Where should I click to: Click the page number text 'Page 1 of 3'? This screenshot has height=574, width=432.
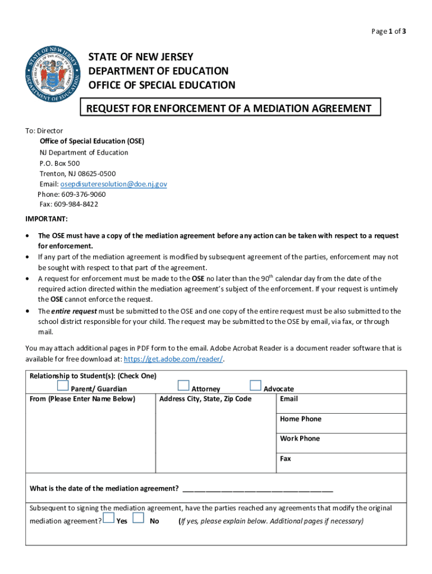click(x=388, y=31)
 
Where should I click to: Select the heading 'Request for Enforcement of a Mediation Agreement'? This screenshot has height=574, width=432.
click(x=229, y=108)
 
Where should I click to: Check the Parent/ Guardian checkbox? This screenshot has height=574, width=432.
click(x=63, y=386)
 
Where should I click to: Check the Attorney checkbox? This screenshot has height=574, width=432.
click(x=183, y=386)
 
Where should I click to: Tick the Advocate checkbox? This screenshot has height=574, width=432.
click(x=256, y=386)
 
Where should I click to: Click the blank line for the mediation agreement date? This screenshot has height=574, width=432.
click(x=258, y=488)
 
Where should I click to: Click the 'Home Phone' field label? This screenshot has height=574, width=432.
click(x=301, y=419)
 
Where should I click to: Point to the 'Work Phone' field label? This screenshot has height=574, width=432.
click(x=300, y=438)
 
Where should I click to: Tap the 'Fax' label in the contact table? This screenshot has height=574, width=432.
click(x=286, y=459)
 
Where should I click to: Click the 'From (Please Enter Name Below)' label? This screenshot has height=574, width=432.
click(x=82, y=399)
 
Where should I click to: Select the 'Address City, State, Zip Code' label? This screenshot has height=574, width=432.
click(x=205, y=399)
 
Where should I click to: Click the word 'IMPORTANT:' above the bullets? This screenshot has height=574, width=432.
click(x=47, y=219)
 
